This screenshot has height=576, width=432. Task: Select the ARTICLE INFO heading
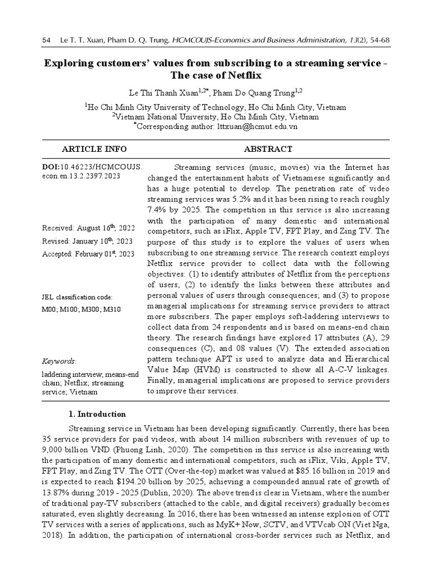point(87,149)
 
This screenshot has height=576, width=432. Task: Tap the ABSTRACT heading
point(268,149)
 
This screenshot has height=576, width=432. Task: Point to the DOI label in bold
point(51,167)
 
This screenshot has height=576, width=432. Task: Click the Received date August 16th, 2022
point(88,228)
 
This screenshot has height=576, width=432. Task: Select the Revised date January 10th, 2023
point(88,241)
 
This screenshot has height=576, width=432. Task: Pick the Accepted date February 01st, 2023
point(88,254)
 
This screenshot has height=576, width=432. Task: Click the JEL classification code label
point(77,296)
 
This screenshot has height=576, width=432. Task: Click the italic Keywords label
point(60,361)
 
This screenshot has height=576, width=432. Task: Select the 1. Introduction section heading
point(97,414)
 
